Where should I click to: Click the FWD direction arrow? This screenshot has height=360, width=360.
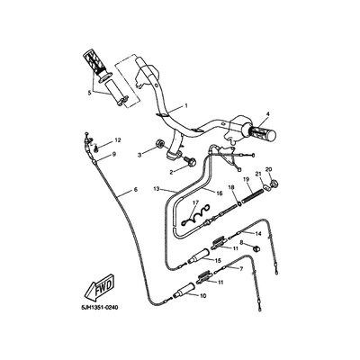coord(99,288)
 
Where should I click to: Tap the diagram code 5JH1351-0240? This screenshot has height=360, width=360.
coord(98,308)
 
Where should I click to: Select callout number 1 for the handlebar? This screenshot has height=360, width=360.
coord(186,105)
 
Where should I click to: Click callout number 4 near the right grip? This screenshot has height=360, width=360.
coord(267,114)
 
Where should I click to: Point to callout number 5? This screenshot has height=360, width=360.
coord(89,93)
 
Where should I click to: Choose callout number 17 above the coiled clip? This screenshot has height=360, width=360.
coord(195,203)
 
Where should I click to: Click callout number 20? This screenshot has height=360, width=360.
coord(268,170)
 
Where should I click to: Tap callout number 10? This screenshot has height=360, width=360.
coord(203,296)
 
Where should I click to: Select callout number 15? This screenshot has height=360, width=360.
coord(218,260)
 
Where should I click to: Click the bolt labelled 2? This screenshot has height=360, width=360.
coord(190,162)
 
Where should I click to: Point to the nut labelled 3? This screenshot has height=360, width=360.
coord(159,144)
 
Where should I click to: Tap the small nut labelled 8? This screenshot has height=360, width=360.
coord(256,247)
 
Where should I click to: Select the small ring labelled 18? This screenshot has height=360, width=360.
coord(239,204)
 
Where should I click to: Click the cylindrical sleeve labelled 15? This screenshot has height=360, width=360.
coord(197,256)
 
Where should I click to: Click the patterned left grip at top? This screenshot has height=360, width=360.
coord(97,64)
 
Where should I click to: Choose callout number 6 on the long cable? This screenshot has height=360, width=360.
coord(135,190)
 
